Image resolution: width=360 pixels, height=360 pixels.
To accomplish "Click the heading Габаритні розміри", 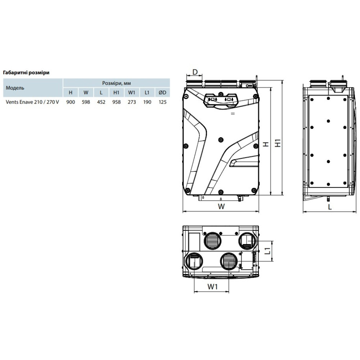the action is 26,73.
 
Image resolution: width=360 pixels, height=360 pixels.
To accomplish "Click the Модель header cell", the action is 15,88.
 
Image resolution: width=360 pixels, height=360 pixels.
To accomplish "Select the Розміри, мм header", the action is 116,83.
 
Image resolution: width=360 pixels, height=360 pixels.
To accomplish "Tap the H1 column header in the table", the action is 116,93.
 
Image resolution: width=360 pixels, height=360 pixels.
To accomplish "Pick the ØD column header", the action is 162,93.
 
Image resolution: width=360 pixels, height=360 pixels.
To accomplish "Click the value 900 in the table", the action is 71,102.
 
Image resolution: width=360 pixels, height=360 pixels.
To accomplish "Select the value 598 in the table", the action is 86,102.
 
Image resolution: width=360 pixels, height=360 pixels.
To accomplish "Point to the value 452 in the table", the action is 101,102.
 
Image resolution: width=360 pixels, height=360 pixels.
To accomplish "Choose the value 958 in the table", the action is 116,102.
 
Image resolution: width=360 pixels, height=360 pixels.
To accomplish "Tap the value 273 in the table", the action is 132,102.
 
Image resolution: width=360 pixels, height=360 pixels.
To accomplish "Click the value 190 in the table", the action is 147,102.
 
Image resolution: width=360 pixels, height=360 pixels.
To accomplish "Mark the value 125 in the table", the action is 162,102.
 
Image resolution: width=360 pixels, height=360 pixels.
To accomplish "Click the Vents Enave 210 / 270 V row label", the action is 32,102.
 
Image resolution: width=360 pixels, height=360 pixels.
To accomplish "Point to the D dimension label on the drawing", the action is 195,72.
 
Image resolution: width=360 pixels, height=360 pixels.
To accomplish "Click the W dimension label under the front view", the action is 221,206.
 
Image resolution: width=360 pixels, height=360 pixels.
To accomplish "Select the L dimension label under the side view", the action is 330,207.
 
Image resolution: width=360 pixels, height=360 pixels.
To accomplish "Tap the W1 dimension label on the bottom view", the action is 212,287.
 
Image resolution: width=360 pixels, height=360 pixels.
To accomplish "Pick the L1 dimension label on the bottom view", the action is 267,251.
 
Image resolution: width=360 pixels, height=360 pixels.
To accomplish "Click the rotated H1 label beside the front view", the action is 278,143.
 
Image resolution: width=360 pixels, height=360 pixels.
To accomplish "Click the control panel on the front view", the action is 220,100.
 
